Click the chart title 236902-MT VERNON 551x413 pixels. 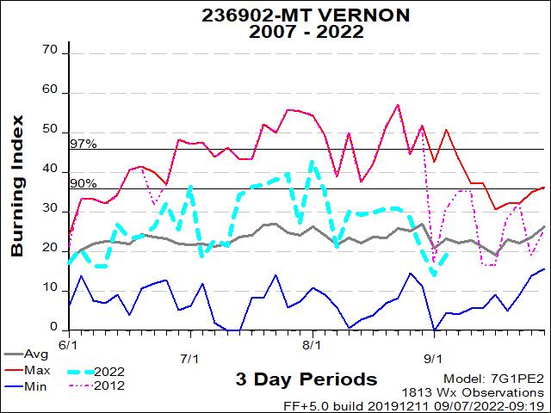pos(282,15)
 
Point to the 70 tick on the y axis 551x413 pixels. pos(49,52)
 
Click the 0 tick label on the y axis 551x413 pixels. pos(53,329)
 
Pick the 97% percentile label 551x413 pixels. pos(83,144)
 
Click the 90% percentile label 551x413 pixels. pos(83,183)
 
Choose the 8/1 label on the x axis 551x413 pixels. pos(312,343)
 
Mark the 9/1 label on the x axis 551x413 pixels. pos(433,358)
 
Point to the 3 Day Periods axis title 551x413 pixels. pos(306,379)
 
